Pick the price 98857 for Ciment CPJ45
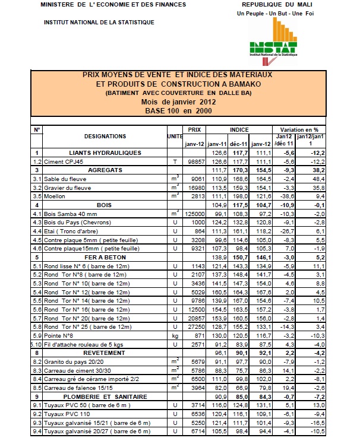tap(195, 161)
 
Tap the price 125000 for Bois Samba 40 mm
tap(194, 213)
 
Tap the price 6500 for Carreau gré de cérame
tap(197, 377)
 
